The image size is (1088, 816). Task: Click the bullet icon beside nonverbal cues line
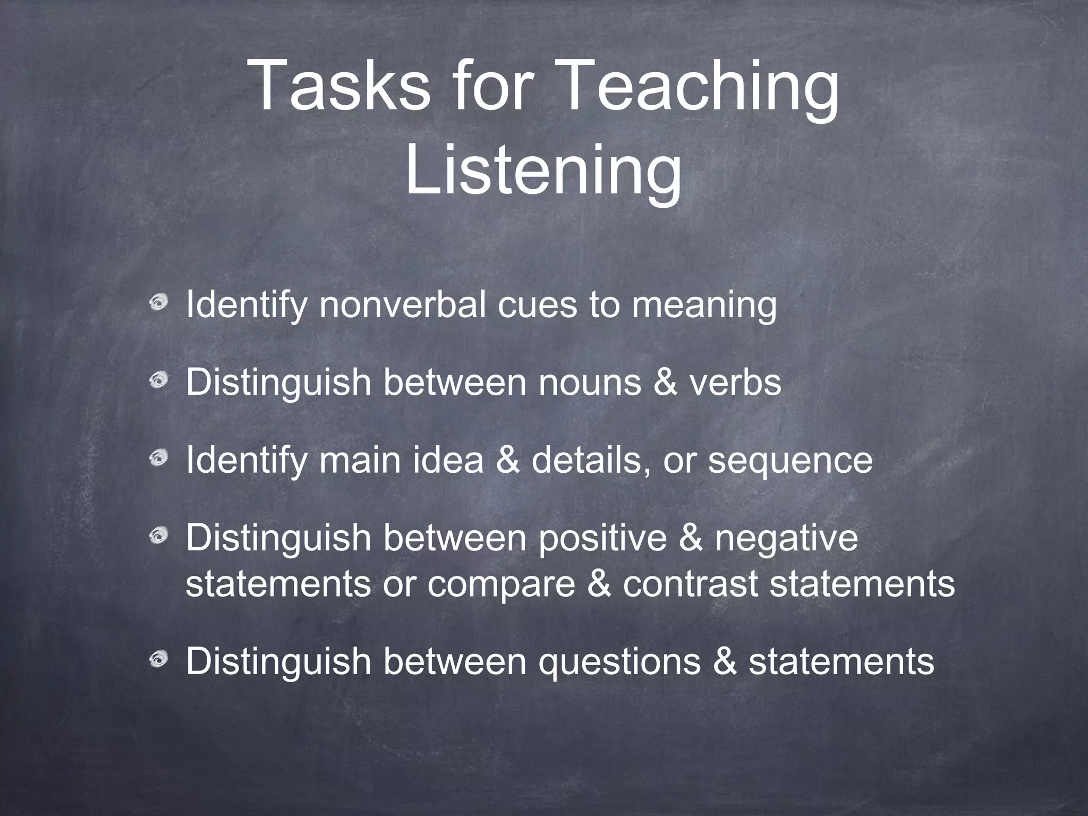click(x=158, y=304)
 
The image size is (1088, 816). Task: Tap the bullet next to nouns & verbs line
click(x=158, y=381)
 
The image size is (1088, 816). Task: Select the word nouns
click(x=590, y=382)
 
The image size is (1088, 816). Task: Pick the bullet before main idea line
click(x=158, y=458)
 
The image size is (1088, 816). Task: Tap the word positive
click(x=602, y=538)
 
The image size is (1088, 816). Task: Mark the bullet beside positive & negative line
click(x=158, y=537)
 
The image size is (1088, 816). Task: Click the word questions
click(x=619, y=662)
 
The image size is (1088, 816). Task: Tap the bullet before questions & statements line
click(x=158, y=660)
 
